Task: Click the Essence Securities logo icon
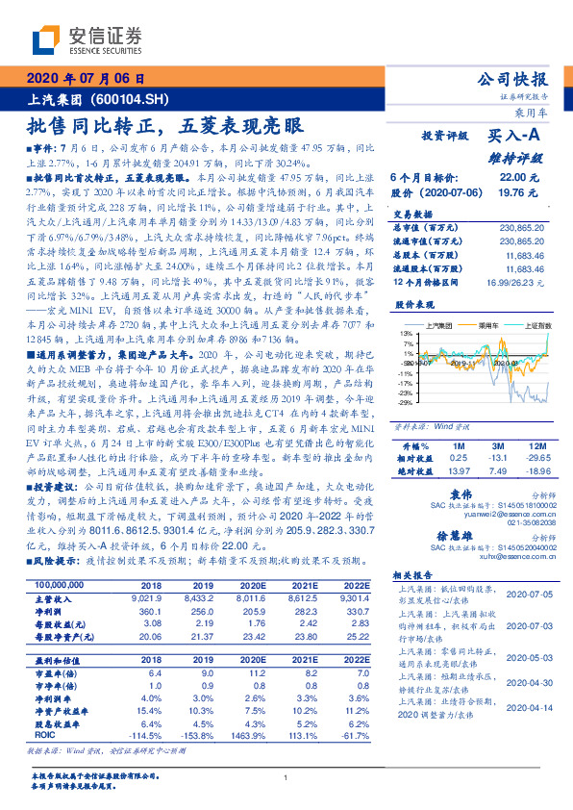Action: [x=45, y=40]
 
